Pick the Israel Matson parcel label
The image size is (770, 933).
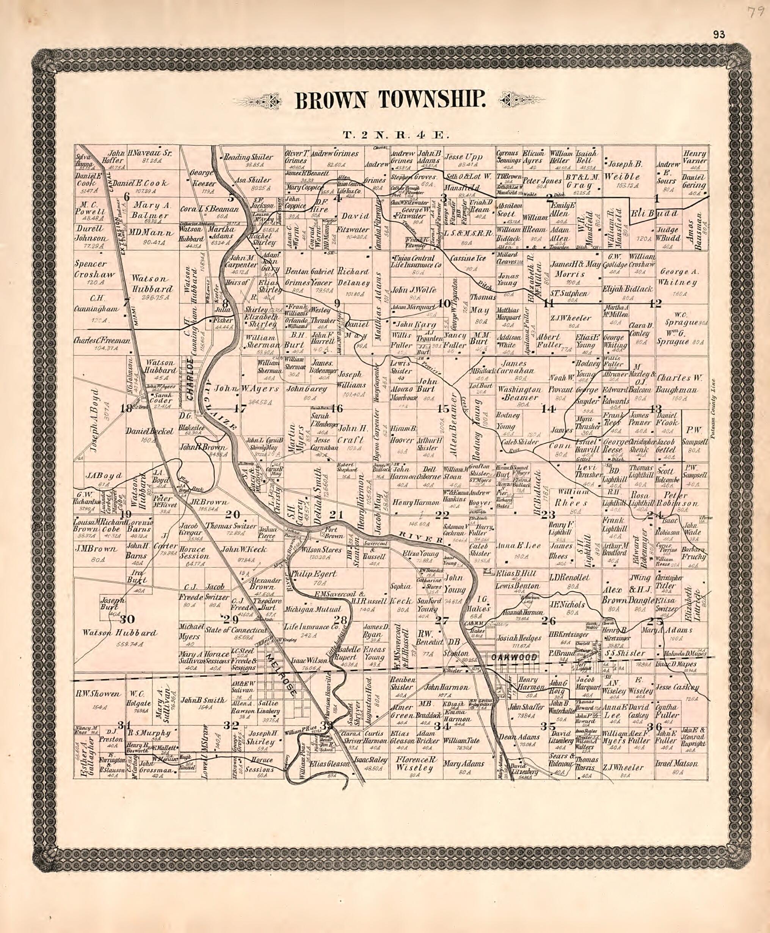676,763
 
